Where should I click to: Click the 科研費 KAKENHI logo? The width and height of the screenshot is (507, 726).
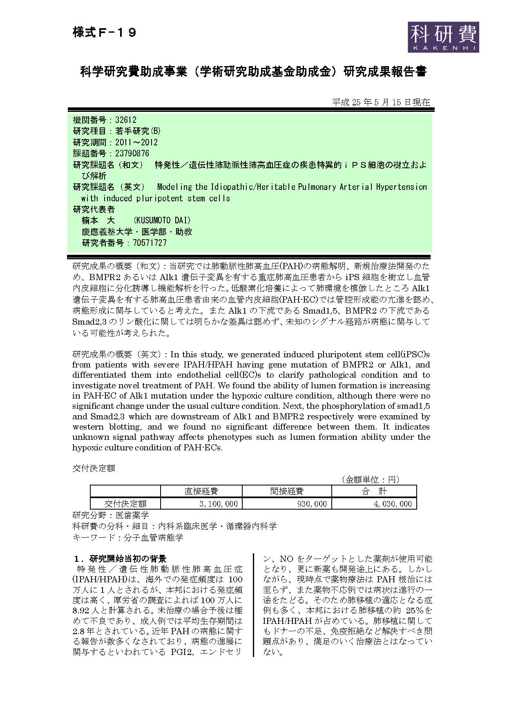[x=443, y=37]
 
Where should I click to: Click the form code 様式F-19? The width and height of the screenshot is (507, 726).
[x=104, y=32]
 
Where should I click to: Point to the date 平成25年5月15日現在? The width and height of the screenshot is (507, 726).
[x=381, y=102]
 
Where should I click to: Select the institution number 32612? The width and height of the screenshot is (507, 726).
[x=126, y=120]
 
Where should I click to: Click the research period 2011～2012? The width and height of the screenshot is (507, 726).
[x=136, y=143]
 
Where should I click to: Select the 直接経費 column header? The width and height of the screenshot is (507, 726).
[x=201, y=491]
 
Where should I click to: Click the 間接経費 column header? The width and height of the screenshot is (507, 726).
[x=287, y=491]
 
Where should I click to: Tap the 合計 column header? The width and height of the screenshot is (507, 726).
[x=374, y=491]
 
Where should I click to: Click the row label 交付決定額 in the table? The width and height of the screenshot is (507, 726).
[x=125, y=504]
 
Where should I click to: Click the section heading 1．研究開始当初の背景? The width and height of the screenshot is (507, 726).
[x=120, y=559]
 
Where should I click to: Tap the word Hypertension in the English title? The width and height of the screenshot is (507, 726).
[x=401, y=187]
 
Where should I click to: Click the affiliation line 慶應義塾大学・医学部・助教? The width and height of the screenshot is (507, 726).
[x=137, y=232]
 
